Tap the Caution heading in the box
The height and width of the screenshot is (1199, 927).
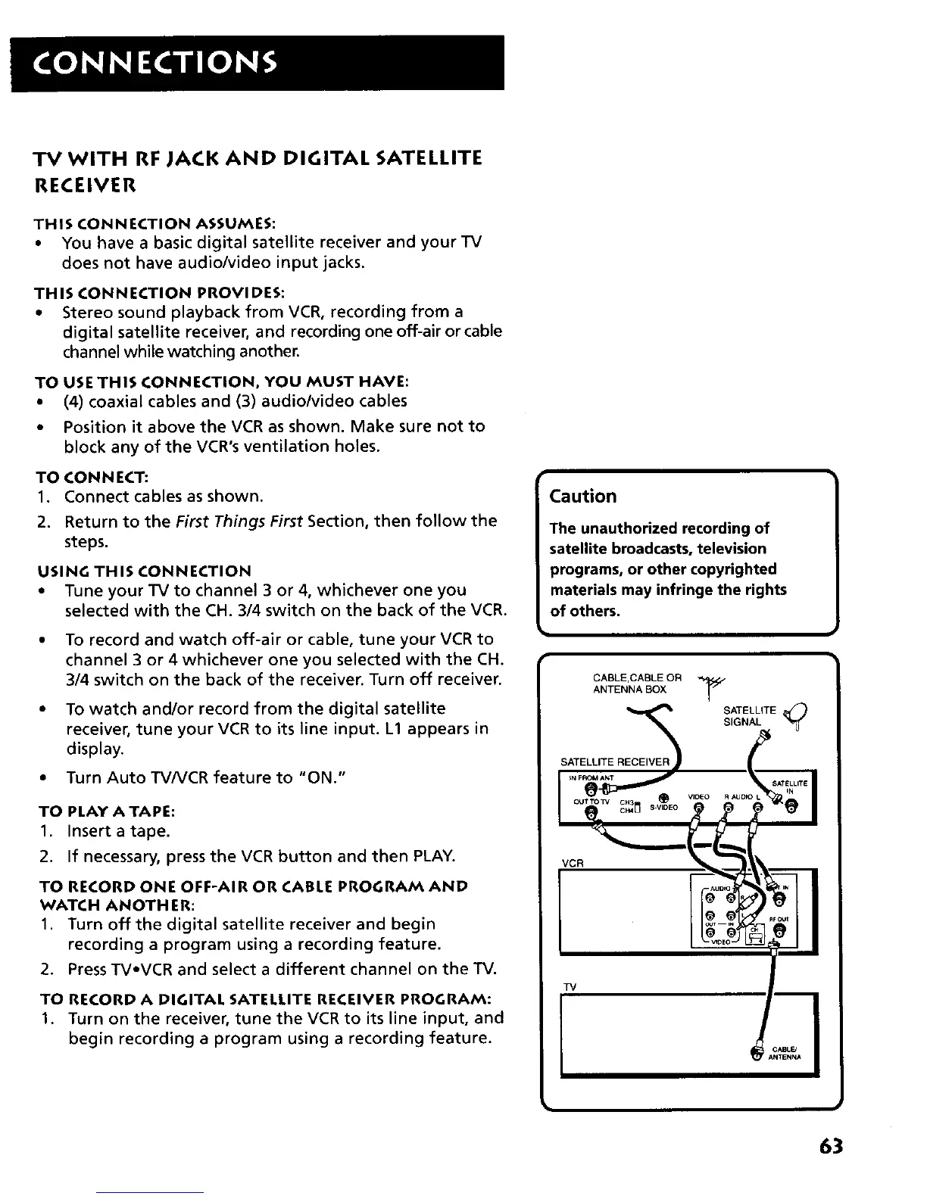(x=582, y=497)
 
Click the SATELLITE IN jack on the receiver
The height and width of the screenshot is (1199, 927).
(x=789, y=809)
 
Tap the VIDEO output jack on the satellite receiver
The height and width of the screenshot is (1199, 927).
(x=698, y=809)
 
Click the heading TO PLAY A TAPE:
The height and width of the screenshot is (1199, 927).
(x=107, y=811)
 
